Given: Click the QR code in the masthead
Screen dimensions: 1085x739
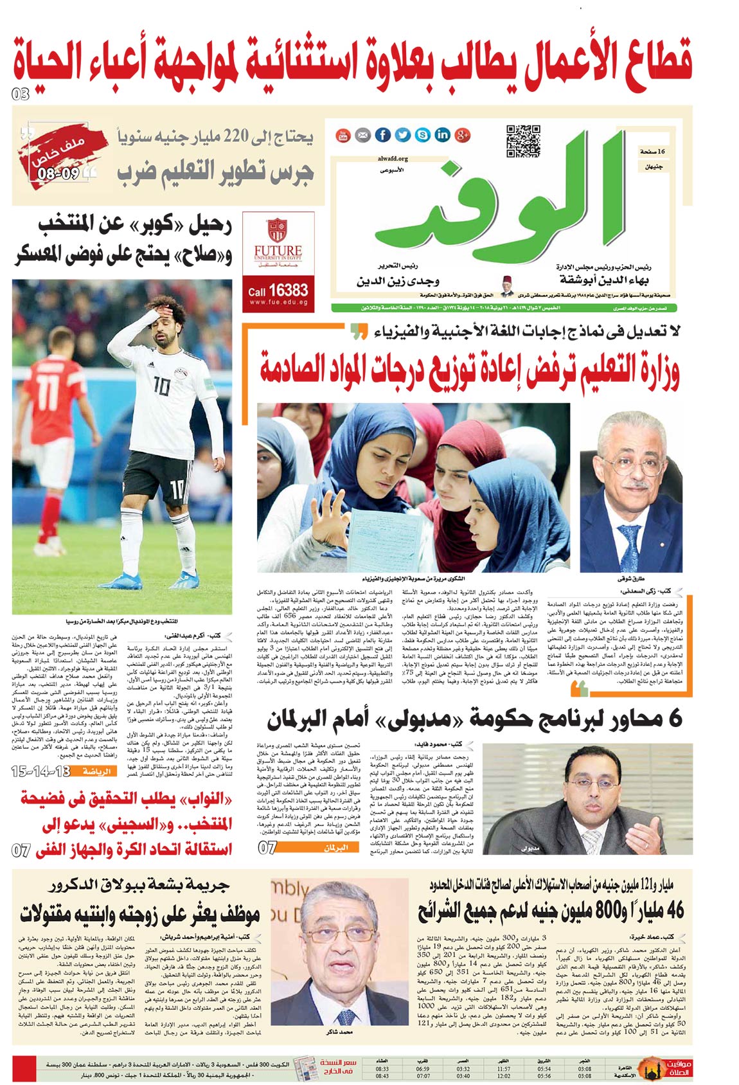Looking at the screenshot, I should pos(522,140).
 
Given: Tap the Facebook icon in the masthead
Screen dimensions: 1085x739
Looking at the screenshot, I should pos(382,134).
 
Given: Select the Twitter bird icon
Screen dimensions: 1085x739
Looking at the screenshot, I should pos(402,134).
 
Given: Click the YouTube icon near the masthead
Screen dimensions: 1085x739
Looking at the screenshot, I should pos(343,134).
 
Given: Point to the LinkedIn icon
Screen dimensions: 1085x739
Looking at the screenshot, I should pos(442,134).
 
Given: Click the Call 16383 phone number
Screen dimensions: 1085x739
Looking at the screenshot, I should pos(278,291).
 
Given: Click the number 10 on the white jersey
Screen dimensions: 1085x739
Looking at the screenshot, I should pos(161,385).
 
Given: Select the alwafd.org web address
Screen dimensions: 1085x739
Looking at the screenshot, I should pos(393,158).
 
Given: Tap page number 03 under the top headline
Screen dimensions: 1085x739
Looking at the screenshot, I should pos(21,94).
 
